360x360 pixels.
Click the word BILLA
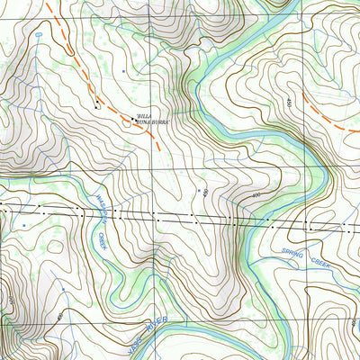(x=142, y=116)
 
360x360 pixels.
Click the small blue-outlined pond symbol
(x=40, y=31)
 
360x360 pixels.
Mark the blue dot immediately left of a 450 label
(x=198, y=191)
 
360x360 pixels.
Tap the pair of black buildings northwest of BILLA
(x=97, y=105)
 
